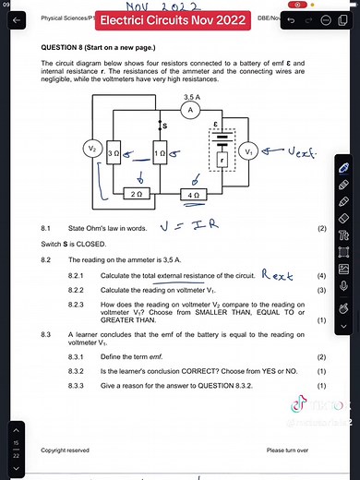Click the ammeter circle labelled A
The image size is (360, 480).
pos(189,109)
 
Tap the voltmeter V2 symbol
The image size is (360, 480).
pos(91,150)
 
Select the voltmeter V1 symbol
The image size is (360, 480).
pos(248,150)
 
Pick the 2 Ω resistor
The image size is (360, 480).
pos(137,195)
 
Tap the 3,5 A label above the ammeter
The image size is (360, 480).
pos(192,95)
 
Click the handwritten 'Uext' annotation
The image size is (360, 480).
pos(296,148)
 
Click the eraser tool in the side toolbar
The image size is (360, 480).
pos(343,218)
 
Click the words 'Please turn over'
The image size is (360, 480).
pos(287,450)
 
